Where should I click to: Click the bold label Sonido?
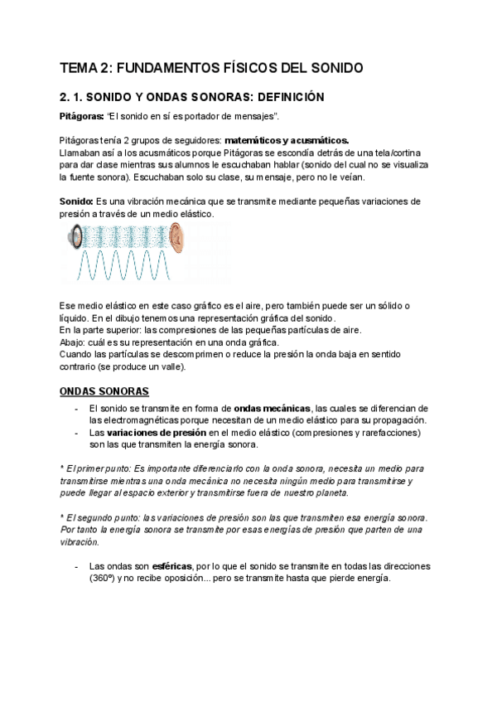click(x=77, y=201)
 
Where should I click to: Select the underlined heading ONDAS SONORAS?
click(x=104, y=390)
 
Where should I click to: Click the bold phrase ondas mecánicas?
click(x=273, y=408)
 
